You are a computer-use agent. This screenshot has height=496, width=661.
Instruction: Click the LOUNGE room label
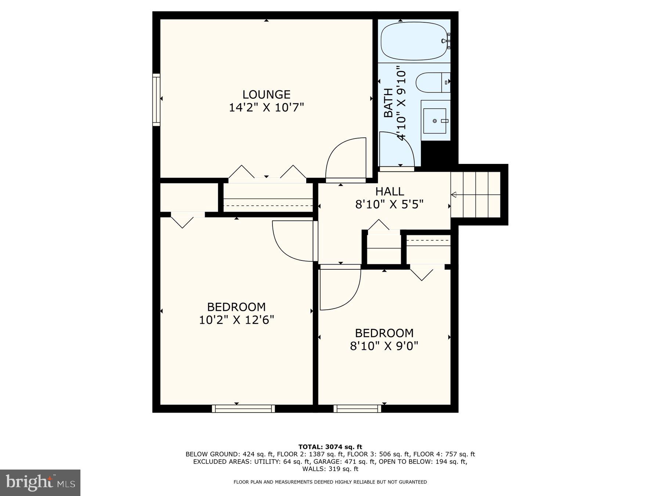click(266, 94)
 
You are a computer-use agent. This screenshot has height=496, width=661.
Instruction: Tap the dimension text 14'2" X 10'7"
click(266, 108)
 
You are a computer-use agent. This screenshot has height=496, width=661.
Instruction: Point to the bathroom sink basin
click(435, 121)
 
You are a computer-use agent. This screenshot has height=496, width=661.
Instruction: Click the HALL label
click(390, 191)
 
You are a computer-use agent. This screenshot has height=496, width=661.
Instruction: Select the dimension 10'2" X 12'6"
click(236, 320)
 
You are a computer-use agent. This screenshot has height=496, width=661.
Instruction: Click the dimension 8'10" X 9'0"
click(384, 346)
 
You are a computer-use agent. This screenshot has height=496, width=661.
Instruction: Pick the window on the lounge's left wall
click(156, 100)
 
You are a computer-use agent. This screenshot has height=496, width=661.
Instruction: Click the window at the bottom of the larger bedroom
click(243, 409)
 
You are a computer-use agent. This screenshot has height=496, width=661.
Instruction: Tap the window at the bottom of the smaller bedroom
click(357, 409)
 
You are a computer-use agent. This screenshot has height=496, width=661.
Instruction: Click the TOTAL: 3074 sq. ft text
click(330, 447)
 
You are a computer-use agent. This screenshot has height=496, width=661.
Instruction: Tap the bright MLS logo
click(40, 482)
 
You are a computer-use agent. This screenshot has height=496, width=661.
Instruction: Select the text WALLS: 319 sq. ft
click(330, 469)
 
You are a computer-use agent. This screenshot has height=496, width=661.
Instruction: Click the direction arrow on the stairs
click(454, 195)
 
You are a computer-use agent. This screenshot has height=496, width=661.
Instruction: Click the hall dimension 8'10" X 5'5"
click(389, 204)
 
